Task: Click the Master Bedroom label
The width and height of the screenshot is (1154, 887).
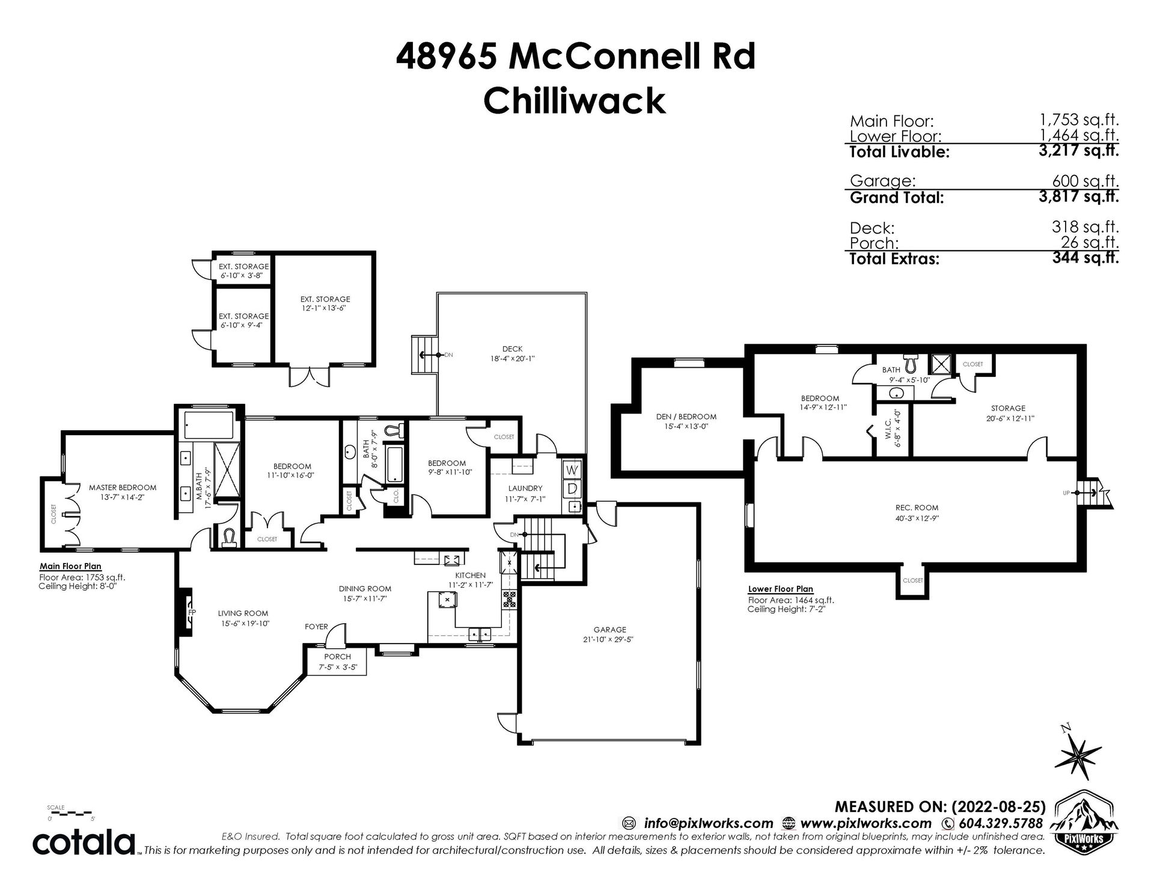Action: tap(123, 487)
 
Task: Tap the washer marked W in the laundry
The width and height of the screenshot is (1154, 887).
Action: tap(572, 469)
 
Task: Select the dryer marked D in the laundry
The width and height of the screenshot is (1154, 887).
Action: tap(572, 489)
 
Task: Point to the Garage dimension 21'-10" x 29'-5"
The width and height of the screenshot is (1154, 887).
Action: tap(609, 639)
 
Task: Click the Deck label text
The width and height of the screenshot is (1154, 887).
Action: tap(513, 349)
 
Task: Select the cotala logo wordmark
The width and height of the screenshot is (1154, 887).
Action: tap(84, 843)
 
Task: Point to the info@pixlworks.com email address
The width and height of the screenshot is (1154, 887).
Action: tap(708, 823)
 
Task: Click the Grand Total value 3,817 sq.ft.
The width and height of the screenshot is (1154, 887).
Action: tap(1078, 197)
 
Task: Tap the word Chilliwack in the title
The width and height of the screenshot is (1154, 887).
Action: tap(575, 100)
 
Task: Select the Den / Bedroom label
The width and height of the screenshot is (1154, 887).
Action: tap(686, 416)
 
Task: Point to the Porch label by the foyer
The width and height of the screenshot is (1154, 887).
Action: tap(337, 657)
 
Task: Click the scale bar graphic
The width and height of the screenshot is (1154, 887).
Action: tap(70, 813)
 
